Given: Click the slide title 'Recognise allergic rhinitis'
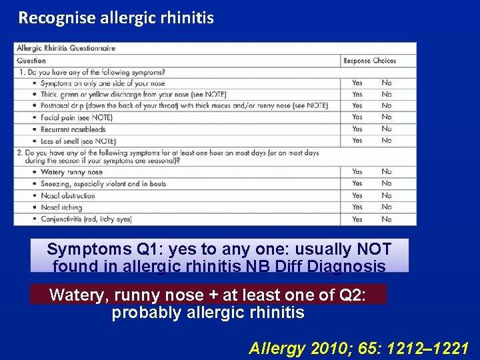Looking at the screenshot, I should pyautogui.click(x=116, y=18).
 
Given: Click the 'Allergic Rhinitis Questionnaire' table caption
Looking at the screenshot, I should pyautogui.click(x=66, y=48).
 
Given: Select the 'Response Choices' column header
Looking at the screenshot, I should pyautogui.click(x=369, y=61).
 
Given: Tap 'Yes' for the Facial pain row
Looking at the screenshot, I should pyautogui.click(x=357, y=117).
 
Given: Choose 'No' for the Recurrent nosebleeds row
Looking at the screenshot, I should pyautogui.click(x=387, y=129).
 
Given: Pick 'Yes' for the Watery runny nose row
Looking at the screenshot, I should pyautogui.click(x=357, y=172).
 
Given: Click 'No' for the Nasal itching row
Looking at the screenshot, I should pyautogui.click(x=387, y=207).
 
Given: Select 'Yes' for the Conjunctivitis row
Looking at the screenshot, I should pyautogui.click(x=357, y=219).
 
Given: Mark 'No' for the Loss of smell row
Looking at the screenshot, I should pyautogui.click(x=387, y=141).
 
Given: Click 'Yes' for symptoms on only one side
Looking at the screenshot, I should pyautogui.click(x=357, y=83).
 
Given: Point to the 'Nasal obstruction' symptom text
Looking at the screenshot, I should pyautogui.click(x=68, y=196).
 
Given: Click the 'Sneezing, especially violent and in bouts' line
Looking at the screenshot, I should pyautogui.click(x=103, y=184).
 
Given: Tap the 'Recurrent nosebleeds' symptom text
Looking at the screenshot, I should pyautogui.click(x=73, y=129).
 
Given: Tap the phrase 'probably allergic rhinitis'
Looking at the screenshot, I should pyautogui.click(x=207, y=313).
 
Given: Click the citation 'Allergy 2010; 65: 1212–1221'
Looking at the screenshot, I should pyautogui.click(x=359, y=348).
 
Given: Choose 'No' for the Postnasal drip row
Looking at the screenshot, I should pyautogui.click(x=387, y=106).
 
